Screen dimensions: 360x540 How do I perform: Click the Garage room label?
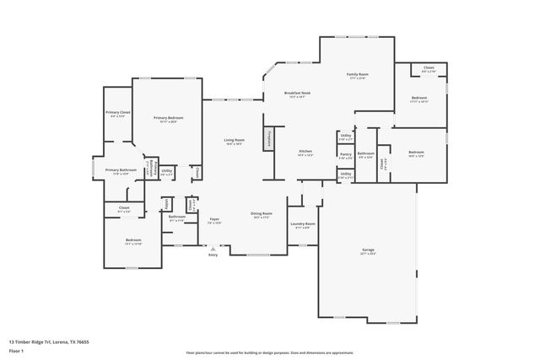[368, 251]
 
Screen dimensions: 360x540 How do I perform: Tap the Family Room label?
[358, 75]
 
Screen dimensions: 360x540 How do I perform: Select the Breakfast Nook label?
[297, 93]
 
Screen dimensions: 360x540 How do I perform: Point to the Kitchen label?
[305, 152]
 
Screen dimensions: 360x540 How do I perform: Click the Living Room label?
[234, 140]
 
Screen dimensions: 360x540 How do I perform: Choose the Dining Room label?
[262, 214]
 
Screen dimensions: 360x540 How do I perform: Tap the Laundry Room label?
[303, 223]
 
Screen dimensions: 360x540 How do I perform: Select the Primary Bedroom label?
[168, 118]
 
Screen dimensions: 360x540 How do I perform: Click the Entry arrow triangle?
[213, 249]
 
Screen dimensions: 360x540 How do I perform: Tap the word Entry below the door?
[213, 256]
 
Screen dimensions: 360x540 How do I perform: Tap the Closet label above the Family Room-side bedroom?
[429, 67]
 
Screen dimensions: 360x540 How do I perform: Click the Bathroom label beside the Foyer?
[176, 217]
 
